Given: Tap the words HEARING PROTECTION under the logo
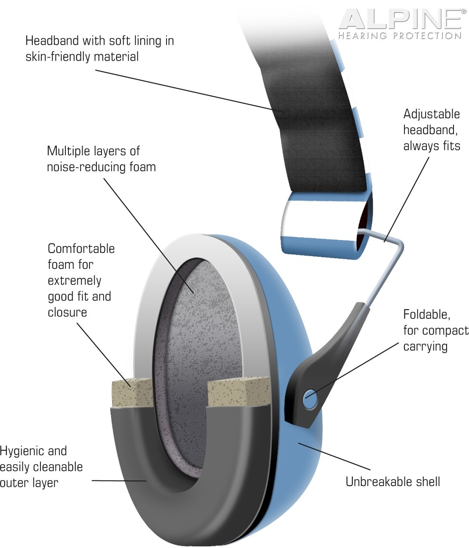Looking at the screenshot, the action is click(x=400, y=36).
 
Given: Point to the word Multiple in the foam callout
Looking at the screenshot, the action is click(x=68, y=151).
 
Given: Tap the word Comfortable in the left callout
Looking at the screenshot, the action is click(x=81, y=249).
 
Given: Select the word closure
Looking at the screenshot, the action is click(x=68, y=312).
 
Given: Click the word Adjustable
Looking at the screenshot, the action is click(x=432, y=114).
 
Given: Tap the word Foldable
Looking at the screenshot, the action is click(x=427, y=315).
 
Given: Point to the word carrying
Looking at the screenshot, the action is click(x=426, y=347).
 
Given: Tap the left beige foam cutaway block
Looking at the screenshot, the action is click(x=133, y=393).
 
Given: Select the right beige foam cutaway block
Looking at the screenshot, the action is click(x=239, y=392).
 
